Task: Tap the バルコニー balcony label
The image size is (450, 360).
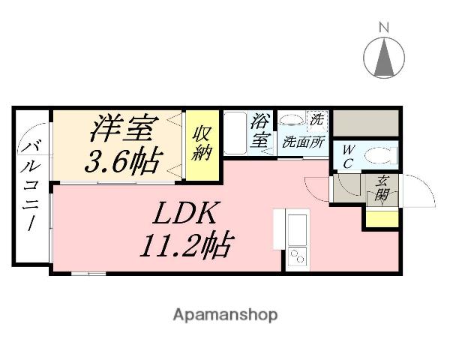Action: click(x=31, y=187)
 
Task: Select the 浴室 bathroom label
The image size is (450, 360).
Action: click(x=260, y=130)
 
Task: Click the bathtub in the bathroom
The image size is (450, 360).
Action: click(x=236, y=133)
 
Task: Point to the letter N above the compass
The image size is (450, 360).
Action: click(x=384, y=29)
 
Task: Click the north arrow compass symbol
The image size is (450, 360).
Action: click(x=384, y=55)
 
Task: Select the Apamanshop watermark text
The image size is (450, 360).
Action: click(x=225, y=315)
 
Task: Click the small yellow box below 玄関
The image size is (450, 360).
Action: click(x=381, y=218)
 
